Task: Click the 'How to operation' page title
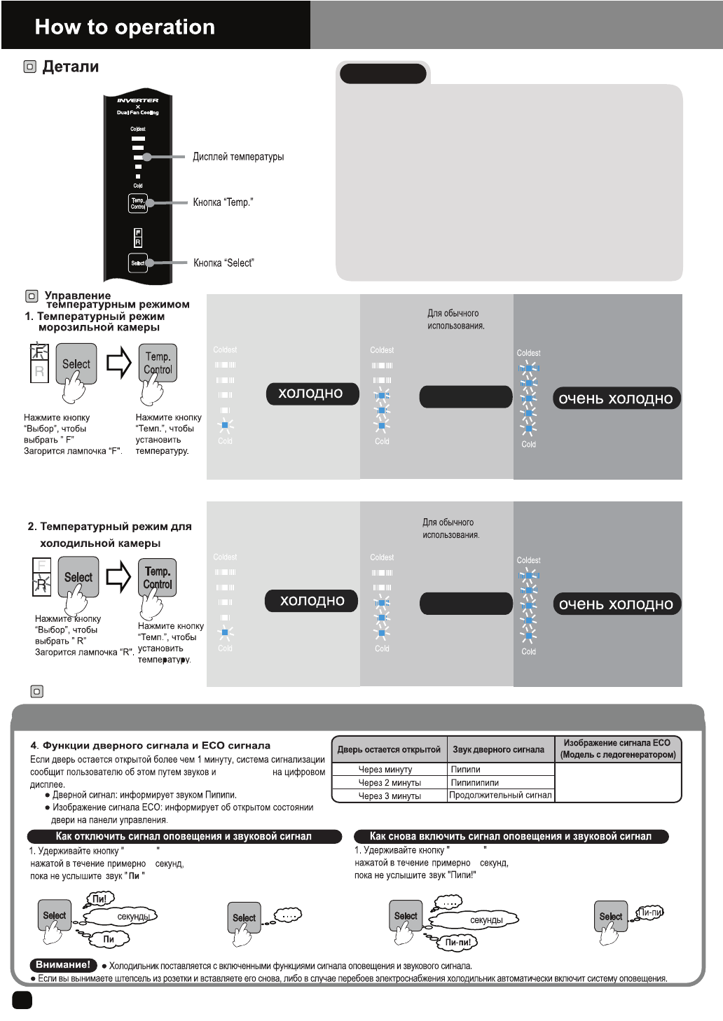[x=125, y=27]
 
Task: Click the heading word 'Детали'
[x=70, y=67]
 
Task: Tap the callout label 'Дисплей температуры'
[x=238, y=157]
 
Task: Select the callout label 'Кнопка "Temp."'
[x=223, y=202]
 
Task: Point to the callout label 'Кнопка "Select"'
[x=223, y=263]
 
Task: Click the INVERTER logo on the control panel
[x=138, y=100]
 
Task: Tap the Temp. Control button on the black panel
[x=138, y=203]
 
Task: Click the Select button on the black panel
[x=138, y=263]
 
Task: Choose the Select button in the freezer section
[x=76, y=363]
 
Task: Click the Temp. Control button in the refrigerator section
[x=158, y=578]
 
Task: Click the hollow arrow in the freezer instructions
[x=119, y=363]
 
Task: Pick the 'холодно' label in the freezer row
[x=311, y=394]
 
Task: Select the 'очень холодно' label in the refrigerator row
[x=616, y=604]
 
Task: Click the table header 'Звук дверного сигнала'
[x=498, y=749]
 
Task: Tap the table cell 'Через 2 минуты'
[x=390, y=783]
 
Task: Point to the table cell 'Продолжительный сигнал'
[x=500, y=795]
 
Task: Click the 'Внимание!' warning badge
[x=63, y=965]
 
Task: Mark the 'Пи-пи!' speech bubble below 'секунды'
[x=458, y=942]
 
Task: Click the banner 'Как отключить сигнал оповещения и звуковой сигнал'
[x=184, y=836]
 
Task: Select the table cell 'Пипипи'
[x=465, y=770]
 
